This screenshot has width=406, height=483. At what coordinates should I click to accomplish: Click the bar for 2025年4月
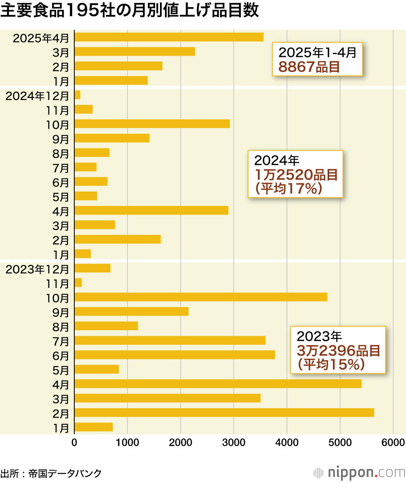[x=169, y=37]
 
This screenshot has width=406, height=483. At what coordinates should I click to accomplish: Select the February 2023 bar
[x=224, y=413]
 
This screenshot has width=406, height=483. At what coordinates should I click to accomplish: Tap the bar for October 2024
[x=152, y=124]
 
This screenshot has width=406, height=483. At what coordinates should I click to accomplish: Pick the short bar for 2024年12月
[x=78, y=95]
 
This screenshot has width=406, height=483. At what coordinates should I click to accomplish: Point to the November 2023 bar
[x=78, y=283]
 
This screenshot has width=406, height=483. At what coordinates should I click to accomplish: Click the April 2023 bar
[x=218, y=384]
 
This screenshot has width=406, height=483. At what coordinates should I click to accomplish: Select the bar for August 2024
[x=92, y=152]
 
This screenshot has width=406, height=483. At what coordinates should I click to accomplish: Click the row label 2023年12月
[x=37, y=269]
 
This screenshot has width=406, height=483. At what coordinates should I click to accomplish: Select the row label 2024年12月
[x=37, y=96]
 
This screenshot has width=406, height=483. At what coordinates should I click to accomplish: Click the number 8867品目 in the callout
[x=309, y=66]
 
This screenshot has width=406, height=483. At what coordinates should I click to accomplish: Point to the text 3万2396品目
[x=338, y=351]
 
